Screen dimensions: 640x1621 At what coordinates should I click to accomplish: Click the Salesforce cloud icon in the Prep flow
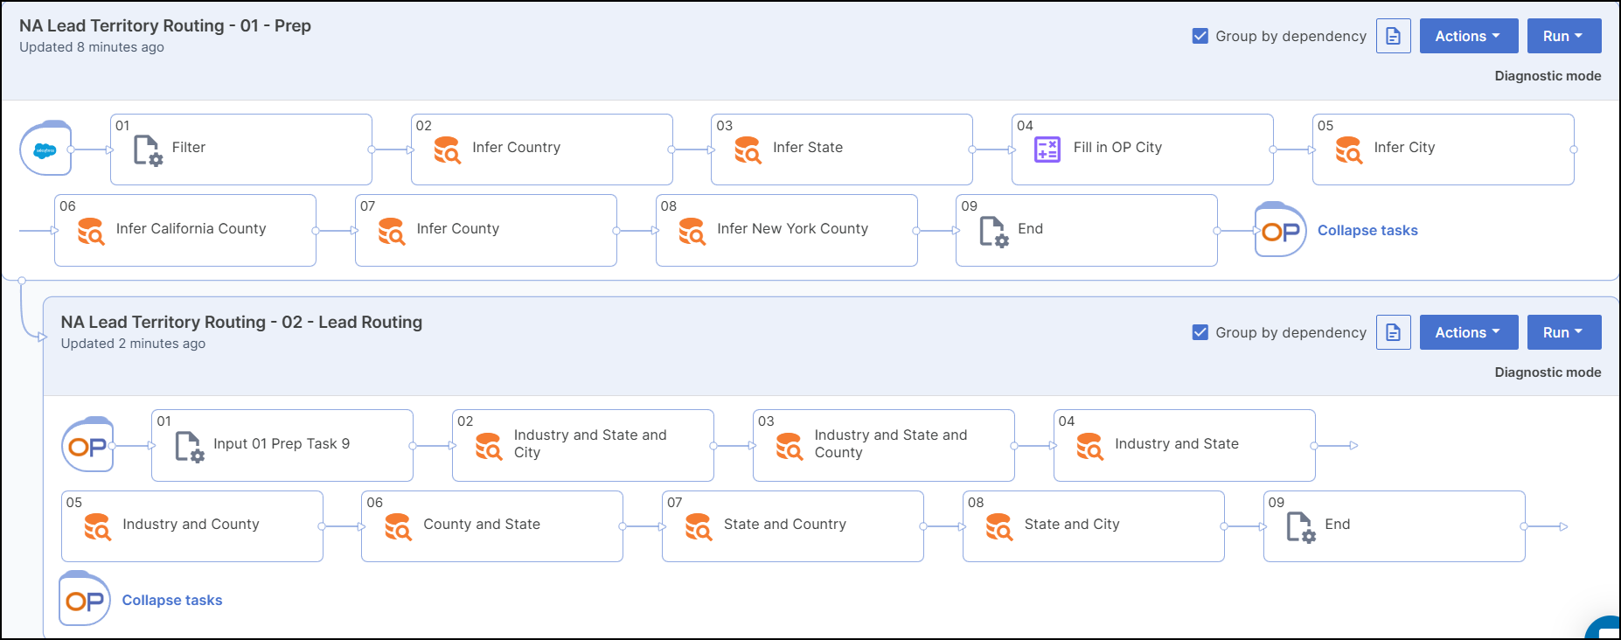(x=45, y=150)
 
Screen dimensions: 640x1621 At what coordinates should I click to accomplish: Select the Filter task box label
(x=188, y=148)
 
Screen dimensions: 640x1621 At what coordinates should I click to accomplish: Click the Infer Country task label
(x=516, y=148)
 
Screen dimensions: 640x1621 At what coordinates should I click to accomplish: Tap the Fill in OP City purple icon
(x=1047, y=150)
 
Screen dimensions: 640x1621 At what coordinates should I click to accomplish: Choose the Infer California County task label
(x=191, y=229)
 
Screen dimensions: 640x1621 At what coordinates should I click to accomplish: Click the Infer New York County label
(x=792, y=229)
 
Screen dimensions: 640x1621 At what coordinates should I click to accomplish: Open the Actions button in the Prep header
(x=1468, y=36)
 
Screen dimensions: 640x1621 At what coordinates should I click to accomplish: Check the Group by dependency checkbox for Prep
(x=1200, y=36)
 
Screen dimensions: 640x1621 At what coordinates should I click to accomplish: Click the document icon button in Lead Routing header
(x=1393, y=332)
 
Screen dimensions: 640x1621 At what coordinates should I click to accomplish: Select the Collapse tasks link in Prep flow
(x=1367, y=231)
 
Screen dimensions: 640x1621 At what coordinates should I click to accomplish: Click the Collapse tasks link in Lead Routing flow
(x=172, y=601)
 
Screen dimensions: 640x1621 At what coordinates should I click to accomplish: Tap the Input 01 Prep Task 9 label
(x=282, y=444)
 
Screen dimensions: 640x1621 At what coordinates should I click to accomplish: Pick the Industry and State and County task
(x=890, y=444)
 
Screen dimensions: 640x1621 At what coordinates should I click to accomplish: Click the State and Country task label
(x=784, y=525)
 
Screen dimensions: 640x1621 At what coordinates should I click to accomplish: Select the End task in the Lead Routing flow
(x=1337, y=525)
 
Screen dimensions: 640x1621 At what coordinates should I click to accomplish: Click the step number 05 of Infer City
(x=1325, y=126)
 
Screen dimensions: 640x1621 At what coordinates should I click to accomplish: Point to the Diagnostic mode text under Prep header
(x=1548, y=76)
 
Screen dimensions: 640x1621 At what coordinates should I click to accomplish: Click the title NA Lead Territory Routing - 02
(x=241, y=323)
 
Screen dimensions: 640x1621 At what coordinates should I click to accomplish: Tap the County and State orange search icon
(x=398, y=527)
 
